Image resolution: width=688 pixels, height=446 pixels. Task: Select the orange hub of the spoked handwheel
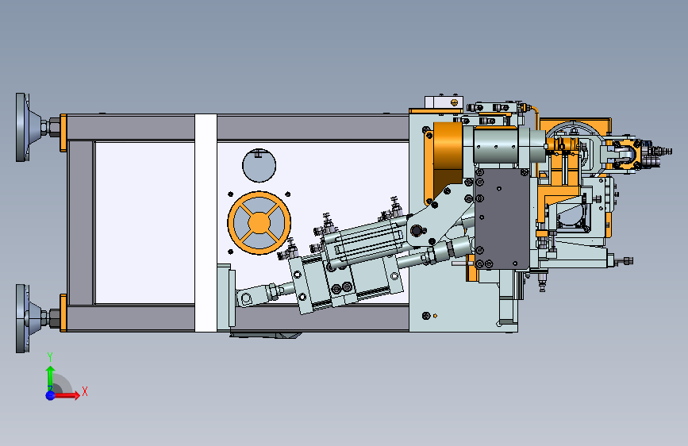tap(259, 222)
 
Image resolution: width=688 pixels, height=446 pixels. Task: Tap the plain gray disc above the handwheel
tap(259, 166)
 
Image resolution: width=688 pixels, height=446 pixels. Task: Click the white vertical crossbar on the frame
tap(206, 222)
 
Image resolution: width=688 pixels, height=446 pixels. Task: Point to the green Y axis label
tap(50, 357)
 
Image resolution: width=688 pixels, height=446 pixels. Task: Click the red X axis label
tap(85, 391)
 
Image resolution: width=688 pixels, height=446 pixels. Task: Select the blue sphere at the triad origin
tap(51, 395)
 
